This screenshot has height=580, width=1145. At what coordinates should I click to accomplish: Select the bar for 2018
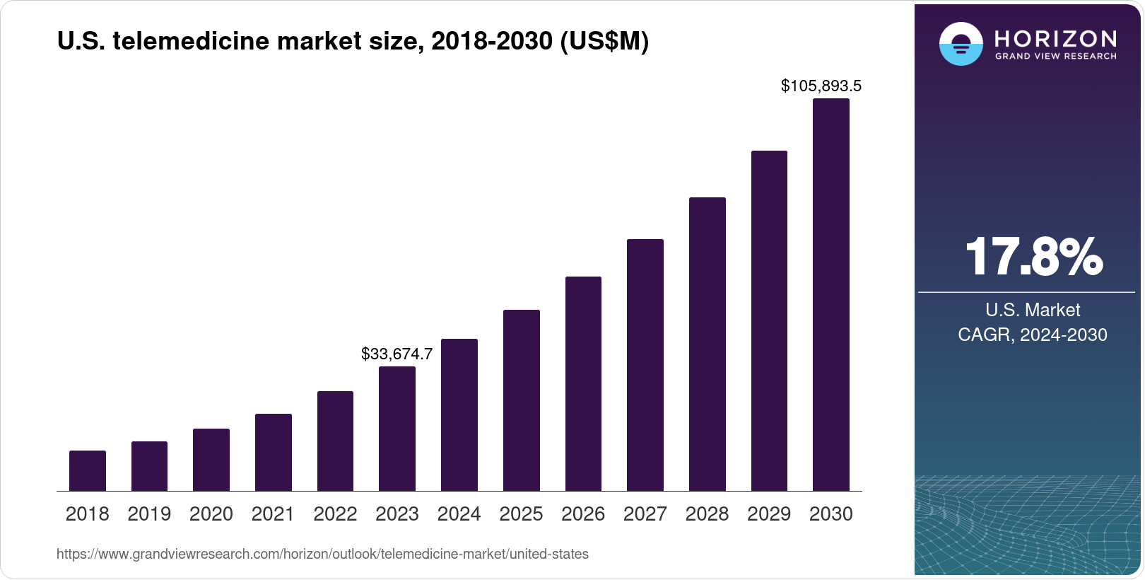[88, 471]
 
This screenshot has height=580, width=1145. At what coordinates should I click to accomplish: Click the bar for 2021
[274, 453]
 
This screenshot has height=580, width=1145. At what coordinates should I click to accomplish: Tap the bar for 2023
[397, 429]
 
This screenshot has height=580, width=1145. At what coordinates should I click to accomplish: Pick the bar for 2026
[583, 384]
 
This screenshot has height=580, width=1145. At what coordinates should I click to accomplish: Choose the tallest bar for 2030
[831, 295]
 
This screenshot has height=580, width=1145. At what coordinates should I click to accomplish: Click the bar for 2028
[707, 344]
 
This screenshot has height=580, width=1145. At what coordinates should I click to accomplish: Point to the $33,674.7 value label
[397, 354]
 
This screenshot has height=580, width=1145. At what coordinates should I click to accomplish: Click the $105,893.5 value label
[821, 86]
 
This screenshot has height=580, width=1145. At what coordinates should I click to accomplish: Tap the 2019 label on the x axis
[149, 514]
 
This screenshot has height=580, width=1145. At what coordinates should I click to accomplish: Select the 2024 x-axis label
[459, 514]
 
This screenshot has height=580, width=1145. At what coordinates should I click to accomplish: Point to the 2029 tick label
[769, 514]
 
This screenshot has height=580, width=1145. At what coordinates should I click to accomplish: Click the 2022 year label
[335, 514]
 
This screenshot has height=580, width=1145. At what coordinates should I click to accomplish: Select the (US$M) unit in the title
[604, 42]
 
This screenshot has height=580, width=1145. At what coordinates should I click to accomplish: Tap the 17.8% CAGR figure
[1033, 257]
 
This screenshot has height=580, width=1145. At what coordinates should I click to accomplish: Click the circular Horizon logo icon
[961, 44]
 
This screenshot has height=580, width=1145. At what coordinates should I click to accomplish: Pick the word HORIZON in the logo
[1055, 38]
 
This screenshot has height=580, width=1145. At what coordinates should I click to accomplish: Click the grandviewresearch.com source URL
[322, 555]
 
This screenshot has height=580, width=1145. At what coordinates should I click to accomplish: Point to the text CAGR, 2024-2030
[1032, 335]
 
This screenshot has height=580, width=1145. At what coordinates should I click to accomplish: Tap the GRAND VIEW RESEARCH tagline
[1055, 56]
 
